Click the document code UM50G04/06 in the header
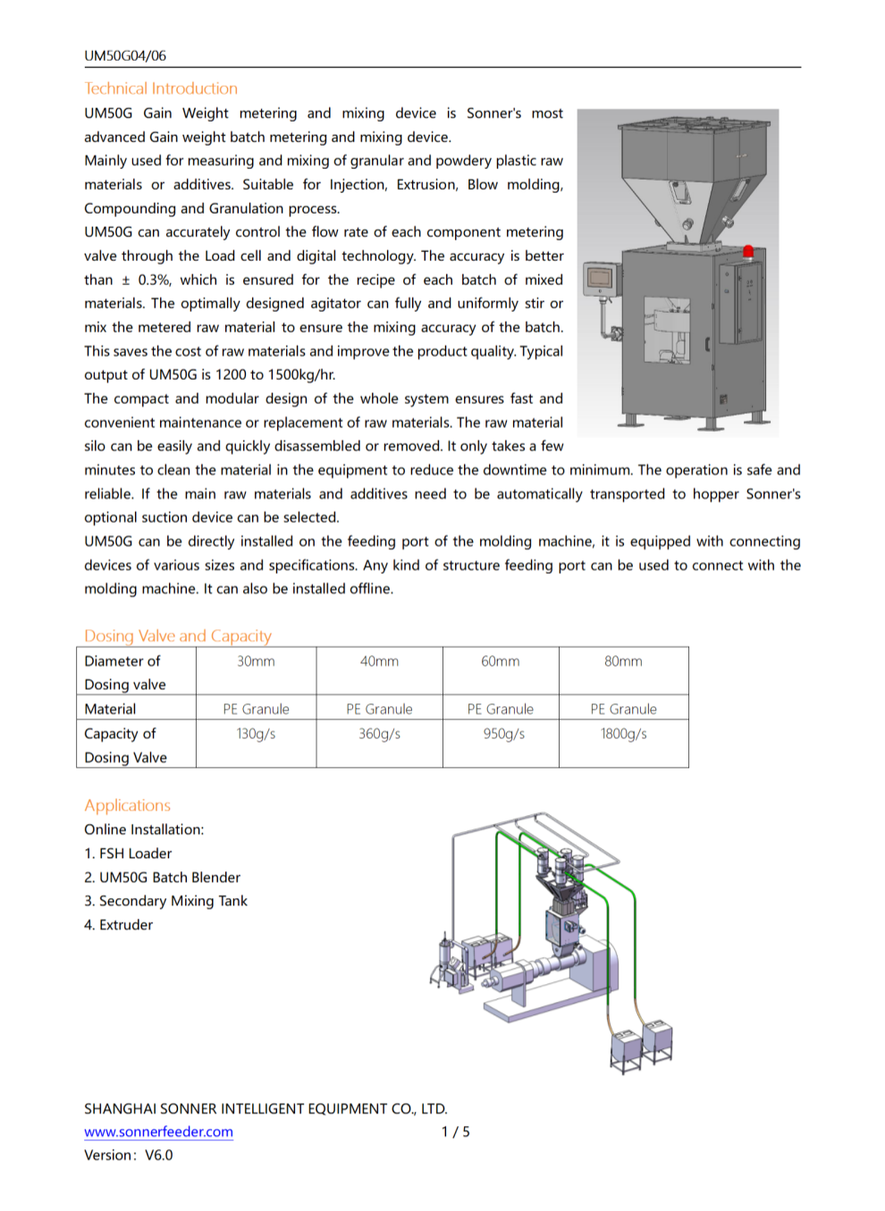125,55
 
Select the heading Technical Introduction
161,88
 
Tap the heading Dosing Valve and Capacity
178,635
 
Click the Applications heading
127,805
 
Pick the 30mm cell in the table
256,661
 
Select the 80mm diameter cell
623,661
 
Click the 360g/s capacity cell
379,734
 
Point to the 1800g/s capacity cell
623,734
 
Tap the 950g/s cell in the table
503,734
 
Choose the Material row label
110,709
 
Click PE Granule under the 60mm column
500,709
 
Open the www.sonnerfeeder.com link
158,1131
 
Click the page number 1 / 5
455,1131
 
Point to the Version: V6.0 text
129,1155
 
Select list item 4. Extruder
118,925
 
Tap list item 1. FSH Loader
128,854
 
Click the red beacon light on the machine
748,251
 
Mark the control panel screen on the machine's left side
599,278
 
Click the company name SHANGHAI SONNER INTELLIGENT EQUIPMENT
265,1108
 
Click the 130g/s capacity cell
256,734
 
